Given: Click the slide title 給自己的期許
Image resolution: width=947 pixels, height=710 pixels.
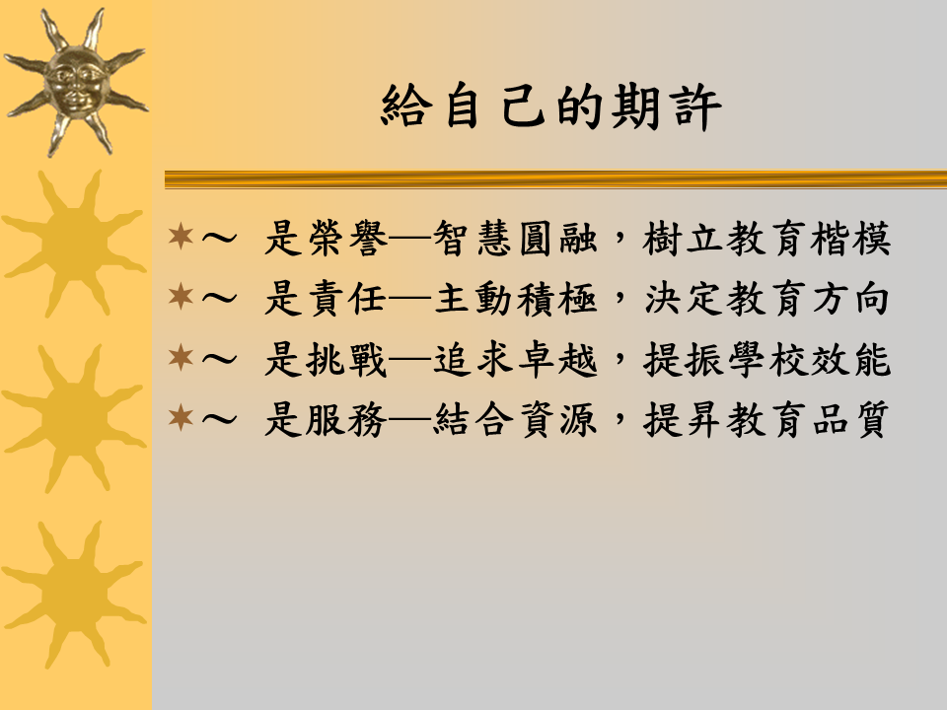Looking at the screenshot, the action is [551, 106].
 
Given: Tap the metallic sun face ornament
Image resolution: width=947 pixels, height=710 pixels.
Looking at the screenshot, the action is [76, 83].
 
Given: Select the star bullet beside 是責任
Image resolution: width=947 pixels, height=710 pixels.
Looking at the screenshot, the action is [181, 297].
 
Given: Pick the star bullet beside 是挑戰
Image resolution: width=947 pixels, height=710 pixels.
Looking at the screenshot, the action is [181, 357].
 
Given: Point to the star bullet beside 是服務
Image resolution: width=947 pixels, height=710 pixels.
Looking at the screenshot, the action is [181, 417].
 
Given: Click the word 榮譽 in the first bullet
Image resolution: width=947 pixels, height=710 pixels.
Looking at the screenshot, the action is [347, 239].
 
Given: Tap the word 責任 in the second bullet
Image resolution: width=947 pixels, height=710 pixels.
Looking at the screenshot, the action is [347, 299].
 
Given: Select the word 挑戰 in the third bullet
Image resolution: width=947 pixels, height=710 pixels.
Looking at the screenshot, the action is [347, 360].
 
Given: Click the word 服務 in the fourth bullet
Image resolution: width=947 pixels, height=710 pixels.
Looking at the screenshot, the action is [347, 420].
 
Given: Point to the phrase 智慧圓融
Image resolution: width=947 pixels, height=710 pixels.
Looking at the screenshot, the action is [516, 239].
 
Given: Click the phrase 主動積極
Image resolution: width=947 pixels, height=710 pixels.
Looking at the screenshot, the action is [516, 299].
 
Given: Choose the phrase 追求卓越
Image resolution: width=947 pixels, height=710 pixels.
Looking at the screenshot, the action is [516, 360].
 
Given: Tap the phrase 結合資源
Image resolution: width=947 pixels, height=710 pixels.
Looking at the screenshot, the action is [516, 420].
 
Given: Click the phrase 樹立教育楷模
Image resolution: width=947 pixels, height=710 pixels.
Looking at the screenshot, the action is [767, 239].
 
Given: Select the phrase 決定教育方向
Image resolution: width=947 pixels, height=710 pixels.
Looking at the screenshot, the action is [767, 299].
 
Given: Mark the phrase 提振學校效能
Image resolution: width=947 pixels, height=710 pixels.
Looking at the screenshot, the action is [767, 360].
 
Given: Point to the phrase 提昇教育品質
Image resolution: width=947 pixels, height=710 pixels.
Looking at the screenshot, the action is [767, 420].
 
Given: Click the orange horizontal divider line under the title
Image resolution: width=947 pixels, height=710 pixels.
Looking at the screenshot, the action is [555, 179].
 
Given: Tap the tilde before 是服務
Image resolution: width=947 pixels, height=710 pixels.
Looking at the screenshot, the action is [219, 418].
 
